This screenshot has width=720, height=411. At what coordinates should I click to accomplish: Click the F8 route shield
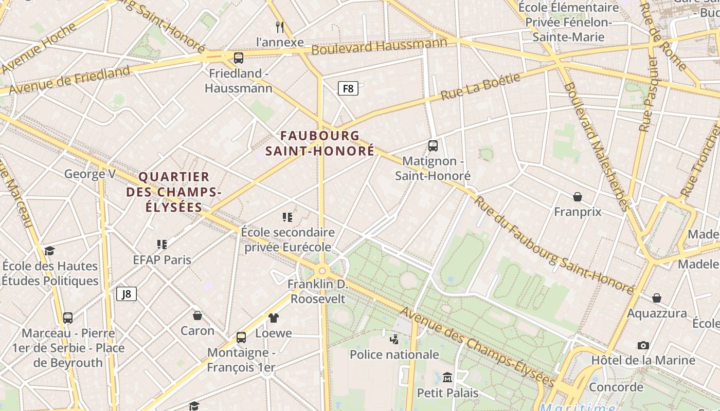348,88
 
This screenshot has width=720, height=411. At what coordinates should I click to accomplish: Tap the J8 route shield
127,294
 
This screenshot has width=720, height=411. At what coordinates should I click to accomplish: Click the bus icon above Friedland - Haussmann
239,58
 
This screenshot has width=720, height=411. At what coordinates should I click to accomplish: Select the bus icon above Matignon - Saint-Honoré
433,145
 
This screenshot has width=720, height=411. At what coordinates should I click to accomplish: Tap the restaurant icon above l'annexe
280,27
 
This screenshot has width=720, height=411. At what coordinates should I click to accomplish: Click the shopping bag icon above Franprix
578,196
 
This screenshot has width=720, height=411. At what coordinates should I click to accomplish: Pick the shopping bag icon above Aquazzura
657,298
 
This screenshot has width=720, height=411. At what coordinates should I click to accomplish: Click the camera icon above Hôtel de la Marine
643,345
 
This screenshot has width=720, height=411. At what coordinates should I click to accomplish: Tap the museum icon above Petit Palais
447,378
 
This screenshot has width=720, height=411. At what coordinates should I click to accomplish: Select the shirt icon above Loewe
274,318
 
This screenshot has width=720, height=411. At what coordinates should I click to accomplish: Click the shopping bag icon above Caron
197,315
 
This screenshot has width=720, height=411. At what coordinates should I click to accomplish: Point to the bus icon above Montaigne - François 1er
241,338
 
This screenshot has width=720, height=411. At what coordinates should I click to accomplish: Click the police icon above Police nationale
394,339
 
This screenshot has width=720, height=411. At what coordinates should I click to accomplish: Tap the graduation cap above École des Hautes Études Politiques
49,251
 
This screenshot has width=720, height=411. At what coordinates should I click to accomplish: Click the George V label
90,174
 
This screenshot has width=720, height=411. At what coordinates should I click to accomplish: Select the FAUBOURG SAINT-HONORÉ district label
320,143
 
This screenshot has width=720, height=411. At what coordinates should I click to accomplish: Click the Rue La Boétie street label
480,86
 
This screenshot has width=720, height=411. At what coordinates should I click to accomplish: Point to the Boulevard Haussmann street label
379,46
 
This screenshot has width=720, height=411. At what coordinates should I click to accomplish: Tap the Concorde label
616,387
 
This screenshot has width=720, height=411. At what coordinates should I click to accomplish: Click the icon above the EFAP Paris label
162,244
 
